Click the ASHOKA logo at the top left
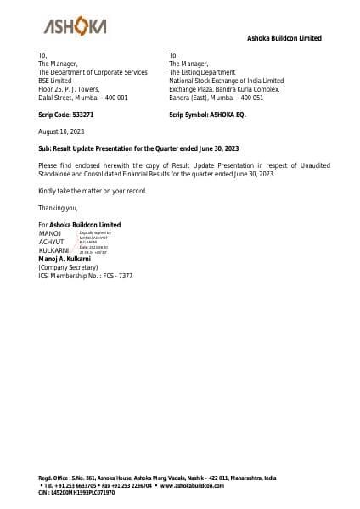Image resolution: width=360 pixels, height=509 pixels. tap(75, 27)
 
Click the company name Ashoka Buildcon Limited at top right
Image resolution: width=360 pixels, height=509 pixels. tap(284, 38)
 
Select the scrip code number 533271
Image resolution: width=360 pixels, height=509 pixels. tap(82, 114)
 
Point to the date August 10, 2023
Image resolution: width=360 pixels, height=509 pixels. tap(60, 131)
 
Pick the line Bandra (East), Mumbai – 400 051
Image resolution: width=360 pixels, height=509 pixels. tap(216, 98)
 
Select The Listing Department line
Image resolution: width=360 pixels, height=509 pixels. tap(207, 72)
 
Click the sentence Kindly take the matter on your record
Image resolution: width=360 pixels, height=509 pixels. tap(93, 191)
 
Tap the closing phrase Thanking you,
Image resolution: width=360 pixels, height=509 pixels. tap(58, 208)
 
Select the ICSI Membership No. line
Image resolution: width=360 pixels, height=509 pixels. tap(85, 276)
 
